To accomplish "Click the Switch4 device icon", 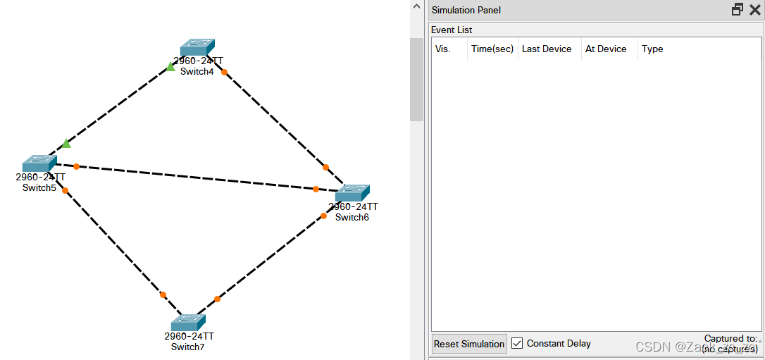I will pyautogui.click(x=197, y=47).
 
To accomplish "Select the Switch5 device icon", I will pyautogui.click(x=39, y=163).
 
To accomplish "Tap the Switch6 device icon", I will pyautogui.click(x=352, y=193).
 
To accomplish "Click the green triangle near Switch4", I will pyautogui.click(x=170, y=67).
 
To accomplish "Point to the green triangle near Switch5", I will pyautogui.click(x=66, y=144).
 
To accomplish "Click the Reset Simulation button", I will pyautogui.click(x=469, y=344).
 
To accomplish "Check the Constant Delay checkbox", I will pyautogui.click(x=517, y=343).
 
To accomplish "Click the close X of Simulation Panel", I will pyautogui.click(x=754, y=10).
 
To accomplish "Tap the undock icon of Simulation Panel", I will pyautogui.click(x=738, y=10).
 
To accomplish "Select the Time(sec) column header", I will pyautogui.click(x=492, y=49).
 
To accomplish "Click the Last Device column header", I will pyautogui.click(x=547, y=49).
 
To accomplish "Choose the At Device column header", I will pyautogui.click(x=606, y=49).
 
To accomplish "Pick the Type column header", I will pyautogui.click(x=652, y=49).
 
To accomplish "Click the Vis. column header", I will pyautogui.click(x=442, y=49).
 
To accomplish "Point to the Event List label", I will pyautogui.click(x=452, y=30).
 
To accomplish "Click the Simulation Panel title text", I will pyautogui.click(x=466, y=10).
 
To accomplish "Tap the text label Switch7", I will pyautogui.click(x=187, y=347).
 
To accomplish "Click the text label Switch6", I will pyautogui.click(x=352, y=217).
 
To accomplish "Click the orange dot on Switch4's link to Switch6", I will pyautogui.click(x=224, y=72).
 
